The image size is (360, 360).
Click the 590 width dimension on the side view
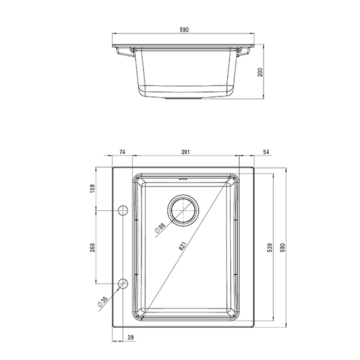coord(184,30)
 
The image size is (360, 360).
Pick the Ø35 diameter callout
coord(103,301)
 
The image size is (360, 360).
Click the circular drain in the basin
coord(183,210)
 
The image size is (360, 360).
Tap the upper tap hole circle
coord(123,210)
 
